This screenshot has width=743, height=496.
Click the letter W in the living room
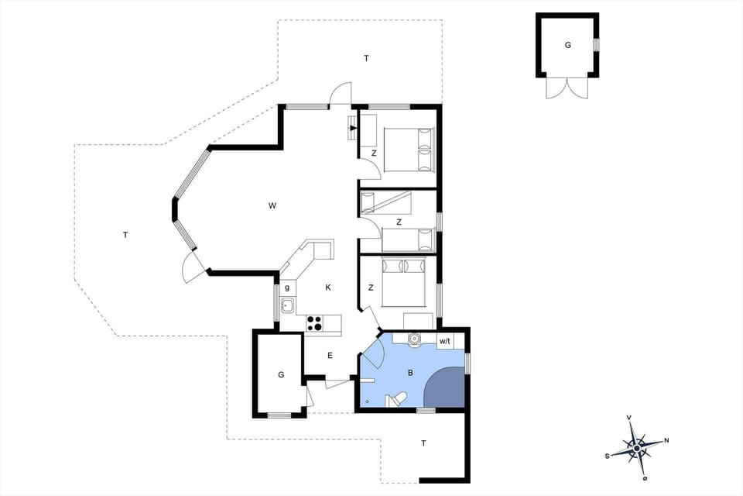pos(272,205)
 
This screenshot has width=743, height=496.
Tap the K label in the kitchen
pos(328,288)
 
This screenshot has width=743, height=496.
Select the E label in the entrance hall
pos(329,356)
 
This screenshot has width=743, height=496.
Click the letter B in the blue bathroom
pos(410,373)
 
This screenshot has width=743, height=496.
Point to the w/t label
pos(444,341)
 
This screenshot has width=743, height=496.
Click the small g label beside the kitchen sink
pos(287,288)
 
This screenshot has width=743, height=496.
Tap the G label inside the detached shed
pos(567,46)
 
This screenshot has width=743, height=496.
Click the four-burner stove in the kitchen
pos(314,323)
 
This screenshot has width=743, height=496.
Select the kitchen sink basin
pos(287,305)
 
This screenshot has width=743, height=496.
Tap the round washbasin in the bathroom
pos(414,339)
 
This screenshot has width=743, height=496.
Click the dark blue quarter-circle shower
pos(447,387)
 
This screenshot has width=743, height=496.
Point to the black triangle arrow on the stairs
pos(353,128)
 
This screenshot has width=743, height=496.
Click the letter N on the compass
pos(667,441)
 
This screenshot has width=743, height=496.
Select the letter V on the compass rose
pos(630,418)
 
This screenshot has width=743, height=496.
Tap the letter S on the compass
pos(608,456)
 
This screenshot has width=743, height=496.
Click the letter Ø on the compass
pos(644,478)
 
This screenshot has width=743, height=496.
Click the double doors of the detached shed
pos(567,87)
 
